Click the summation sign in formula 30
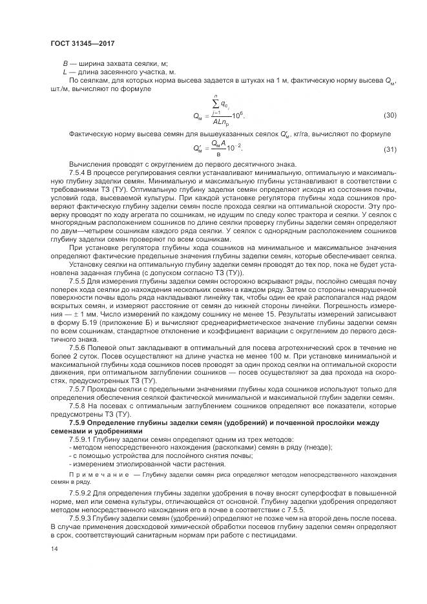pos(214,103)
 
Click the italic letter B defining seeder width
pos(65,63)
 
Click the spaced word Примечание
pos(94,474)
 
